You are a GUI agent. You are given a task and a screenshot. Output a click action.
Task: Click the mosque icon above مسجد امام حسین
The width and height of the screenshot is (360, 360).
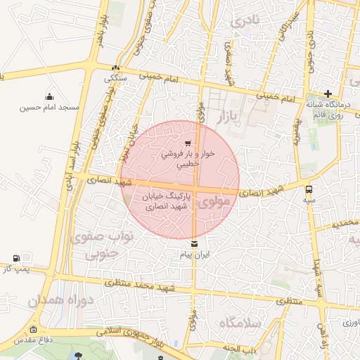[x=49, y=97]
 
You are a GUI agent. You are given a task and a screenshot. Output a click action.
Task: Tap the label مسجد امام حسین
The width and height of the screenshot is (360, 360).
[x=51, y=108]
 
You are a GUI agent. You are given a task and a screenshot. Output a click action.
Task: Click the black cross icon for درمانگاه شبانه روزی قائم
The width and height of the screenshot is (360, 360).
[x=328, y=94]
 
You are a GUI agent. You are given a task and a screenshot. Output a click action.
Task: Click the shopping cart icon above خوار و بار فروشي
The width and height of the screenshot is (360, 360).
[x=187, y=143]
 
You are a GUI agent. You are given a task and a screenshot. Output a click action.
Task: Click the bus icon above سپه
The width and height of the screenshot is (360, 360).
[x=309, y=188]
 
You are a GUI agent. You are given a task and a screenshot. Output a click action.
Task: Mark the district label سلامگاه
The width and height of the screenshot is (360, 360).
[x=239, y=323]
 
